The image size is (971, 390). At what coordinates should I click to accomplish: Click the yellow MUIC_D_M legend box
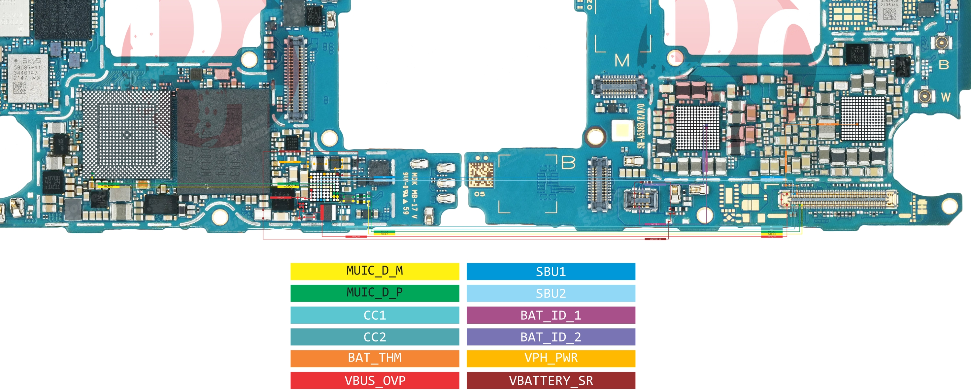click(x=375, y=271)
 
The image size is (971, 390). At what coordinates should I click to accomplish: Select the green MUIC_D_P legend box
click(x=375, y=293)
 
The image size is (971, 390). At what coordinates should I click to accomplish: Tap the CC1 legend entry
click(x=375, y=315)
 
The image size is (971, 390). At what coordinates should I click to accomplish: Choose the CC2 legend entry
click(x=375, y=337)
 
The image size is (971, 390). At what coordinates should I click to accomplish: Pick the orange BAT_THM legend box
click(x=375, y=358)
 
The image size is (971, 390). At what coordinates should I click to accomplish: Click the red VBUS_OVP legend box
click(x=375, y=380)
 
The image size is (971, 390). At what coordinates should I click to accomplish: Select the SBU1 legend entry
click(x=551, y=271)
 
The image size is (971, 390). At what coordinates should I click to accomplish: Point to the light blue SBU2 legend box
click(x=551, y=293)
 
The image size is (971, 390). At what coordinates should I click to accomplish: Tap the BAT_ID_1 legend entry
click(x=551, y=315)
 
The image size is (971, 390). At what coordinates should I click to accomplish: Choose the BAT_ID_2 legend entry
click(x=551, y=337)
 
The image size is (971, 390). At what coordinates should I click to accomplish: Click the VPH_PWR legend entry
click(x=551, y=358)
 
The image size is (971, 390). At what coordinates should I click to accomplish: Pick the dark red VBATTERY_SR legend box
click(x=551, y=380)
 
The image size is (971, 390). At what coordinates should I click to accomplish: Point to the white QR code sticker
click(x=481, y=175)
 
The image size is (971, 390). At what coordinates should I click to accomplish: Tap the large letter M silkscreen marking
click(x=621, y=60)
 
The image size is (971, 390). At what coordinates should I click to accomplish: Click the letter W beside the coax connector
click(x=945, y=97)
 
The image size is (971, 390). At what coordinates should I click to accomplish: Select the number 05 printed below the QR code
click(x=480, y=194)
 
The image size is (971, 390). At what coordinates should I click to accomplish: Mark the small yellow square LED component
click(x=622, y=131)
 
